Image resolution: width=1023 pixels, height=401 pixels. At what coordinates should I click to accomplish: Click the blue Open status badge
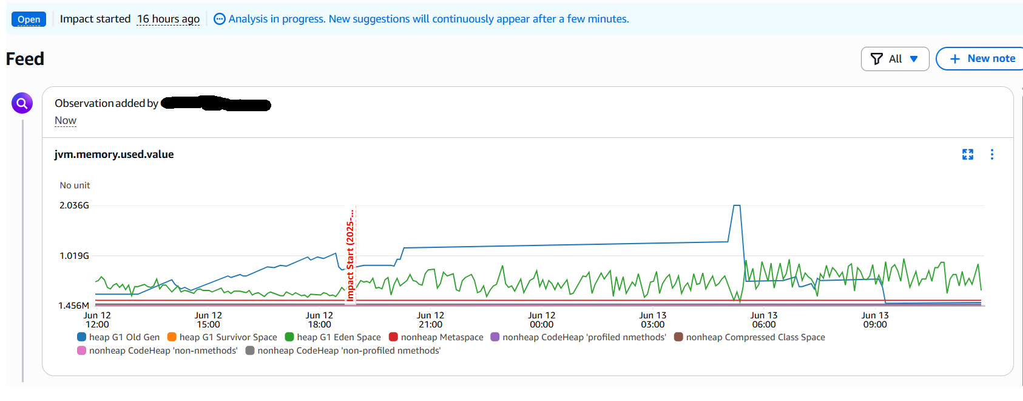point(29,19)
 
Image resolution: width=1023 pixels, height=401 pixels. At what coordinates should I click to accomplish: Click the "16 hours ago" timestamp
point(168,19)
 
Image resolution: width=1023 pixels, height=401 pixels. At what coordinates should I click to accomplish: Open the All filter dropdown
point(894,59)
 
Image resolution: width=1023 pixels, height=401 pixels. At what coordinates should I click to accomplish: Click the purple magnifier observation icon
point(22,103)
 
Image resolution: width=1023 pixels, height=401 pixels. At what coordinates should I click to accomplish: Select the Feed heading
point(25,59)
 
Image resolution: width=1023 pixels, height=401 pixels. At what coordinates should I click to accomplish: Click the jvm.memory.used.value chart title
point(114,154)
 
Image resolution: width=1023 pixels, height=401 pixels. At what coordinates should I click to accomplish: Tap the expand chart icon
point(968,154)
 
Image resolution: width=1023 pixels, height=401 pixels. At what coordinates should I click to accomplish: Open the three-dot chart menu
point(992,154)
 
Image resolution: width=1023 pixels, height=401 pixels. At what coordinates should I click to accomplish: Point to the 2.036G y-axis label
point(74,205)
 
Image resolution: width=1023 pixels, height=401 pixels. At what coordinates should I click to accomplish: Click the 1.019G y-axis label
point(74,256)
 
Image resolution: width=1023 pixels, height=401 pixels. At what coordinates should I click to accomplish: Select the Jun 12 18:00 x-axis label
point(319,320)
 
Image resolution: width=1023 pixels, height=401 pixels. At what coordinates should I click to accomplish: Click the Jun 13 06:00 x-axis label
point(764,320)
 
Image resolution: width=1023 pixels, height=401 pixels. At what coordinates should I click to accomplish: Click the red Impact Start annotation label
point(350,255)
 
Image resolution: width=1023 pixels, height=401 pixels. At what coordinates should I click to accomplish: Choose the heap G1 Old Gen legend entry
point(118,337)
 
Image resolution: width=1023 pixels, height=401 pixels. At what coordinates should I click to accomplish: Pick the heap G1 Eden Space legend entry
point(333,337)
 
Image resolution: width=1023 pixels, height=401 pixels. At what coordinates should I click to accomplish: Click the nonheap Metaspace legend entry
point(436,337)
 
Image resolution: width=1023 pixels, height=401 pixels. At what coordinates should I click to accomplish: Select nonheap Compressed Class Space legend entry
point(750,337)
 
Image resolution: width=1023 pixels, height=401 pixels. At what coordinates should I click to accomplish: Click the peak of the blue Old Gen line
point(737,206)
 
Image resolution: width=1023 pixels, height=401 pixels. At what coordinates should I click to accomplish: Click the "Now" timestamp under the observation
point(66,120)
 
